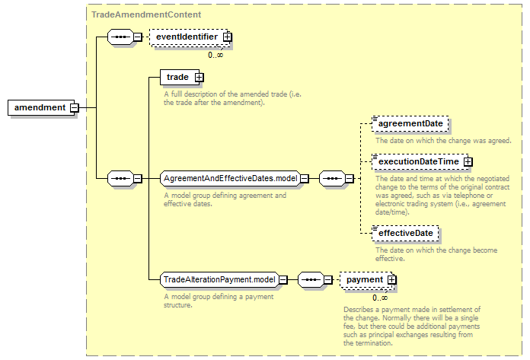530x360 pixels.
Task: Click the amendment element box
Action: coord(41,108)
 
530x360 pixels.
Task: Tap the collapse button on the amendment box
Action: coord(74,108)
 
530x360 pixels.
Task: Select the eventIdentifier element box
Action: coord(190,37)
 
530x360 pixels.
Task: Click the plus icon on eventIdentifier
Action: coord(228,37)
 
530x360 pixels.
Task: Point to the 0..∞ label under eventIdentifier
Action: coord(216,55)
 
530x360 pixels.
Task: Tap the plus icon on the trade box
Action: coord(199,78)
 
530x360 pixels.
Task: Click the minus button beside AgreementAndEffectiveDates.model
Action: coord(305,178)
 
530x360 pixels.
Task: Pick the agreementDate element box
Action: coord(410,123)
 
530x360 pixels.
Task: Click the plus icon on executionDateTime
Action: coord(468,162)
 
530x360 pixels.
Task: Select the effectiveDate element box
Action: coord(405,234)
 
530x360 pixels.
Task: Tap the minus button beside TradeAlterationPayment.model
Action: coord(283,279)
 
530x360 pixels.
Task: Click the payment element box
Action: coord(367,279)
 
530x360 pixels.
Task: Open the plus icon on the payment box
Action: coord(391,279)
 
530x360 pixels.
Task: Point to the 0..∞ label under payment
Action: coord(380,298)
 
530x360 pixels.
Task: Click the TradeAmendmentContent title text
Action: coord(146,14)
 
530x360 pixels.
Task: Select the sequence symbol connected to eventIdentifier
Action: coord(120,37)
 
